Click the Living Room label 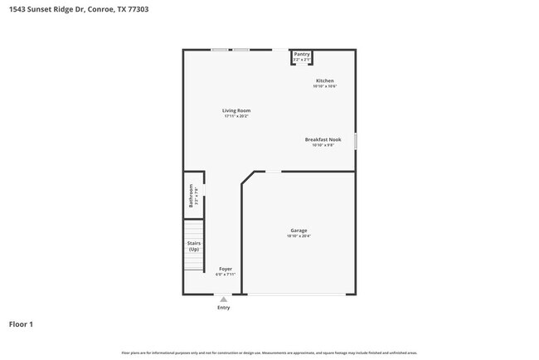(236, 110)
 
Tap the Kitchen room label (324, 80)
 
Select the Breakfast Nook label (323, 139)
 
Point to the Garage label (299, 231)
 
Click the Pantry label (302, 54)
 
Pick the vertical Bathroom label (191, 196)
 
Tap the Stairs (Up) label (194, 246)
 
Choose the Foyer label (225, 269)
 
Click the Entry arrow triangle (223, 299)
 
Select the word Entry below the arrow (223, 308)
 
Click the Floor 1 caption (21, 324)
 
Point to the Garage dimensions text (299, 236)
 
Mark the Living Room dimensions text (236, 116)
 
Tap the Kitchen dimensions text (324, 86)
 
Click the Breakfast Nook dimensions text (323, 145)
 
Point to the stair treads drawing (193, 229)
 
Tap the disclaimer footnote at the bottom (269, 353)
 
